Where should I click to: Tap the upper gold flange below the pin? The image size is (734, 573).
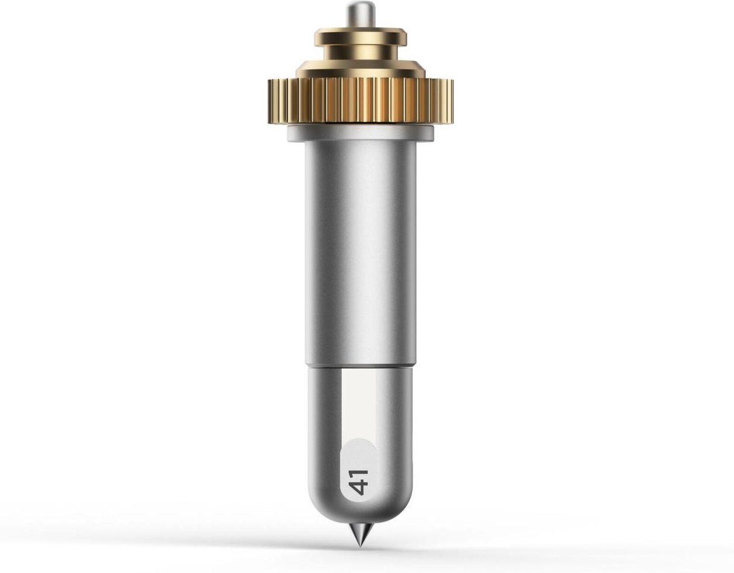(360, 37)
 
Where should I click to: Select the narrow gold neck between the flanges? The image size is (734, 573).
(360, 52)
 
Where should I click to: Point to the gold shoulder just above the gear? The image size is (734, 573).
(360, 69)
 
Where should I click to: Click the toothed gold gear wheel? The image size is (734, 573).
(360, 100)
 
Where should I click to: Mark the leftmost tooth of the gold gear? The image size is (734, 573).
(271, 101)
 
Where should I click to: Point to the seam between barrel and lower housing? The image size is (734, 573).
(360, 365)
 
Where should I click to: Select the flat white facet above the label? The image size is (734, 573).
(359, 402)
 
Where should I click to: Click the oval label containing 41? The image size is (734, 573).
(358, 472)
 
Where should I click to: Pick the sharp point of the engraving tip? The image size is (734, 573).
(361, 546)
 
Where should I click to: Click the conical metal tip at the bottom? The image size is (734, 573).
(361, 533)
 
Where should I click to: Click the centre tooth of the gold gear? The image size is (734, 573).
(360, 101)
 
